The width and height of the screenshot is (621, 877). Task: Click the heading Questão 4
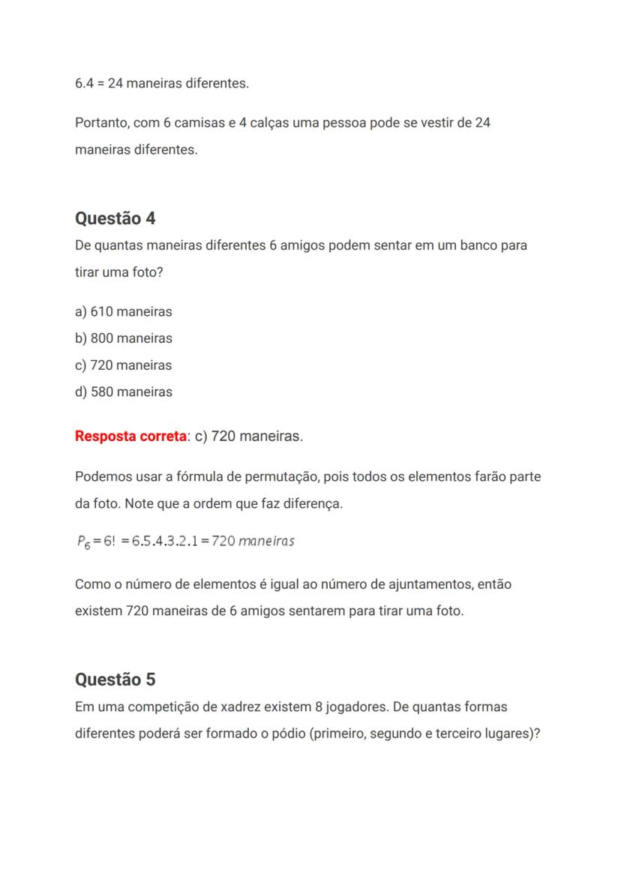tap(115, 218)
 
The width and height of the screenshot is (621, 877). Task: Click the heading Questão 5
tap(115, 680)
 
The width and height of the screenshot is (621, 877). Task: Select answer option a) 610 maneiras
tap(124, 311)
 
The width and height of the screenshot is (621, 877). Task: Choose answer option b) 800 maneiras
tap(124, 338)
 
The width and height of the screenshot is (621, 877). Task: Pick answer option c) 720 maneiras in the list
tap(124, 365)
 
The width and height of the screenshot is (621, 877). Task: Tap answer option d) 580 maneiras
tap(124, 392)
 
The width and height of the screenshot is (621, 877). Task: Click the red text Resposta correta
tap(130, 436)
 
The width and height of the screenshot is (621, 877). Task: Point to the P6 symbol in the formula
tap(83, 542)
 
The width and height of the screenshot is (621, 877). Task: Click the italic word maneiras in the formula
tap(266, 541)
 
